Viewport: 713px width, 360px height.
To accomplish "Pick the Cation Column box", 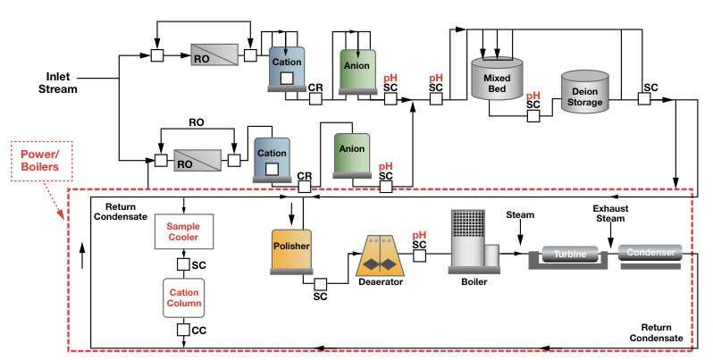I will [182, 298].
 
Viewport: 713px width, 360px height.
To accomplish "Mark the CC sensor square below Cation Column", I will [182, 331].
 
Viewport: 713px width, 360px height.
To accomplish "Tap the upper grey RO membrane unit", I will [214, 55].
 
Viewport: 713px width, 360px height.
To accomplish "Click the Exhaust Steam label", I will [614, 213].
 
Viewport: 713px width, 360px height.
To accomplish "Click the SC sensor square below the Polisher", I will [319, 284].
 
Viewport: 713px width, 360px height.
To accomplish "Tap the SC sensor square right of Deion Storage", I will [643, 100].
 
